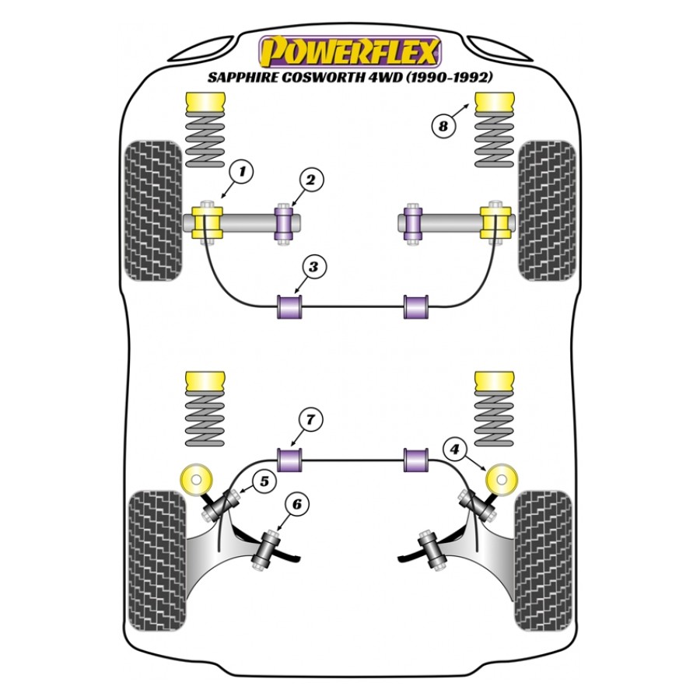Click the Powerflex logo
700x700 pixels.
pos(350,53)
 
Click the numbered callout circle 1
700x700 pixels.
pos(242,171)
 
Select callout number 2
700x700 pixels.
pos(310,180)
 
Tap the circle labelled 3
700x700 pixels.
pos(313,267)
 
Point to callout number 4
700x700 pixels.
pos(454,448)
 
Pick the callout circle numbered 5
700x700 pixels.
pos(264,482)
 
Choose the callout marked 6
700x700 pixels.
pos(297,504)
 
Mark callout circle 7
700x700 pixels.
pos(310,420)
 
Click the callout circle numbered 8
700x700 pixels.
pos(443,126)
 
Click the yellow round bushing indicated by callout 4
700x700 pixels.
pos(502,479)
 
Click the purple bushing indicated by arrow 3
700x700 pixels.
pos(290,306)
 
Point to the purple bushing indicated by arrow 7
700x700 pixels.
pos(290,460)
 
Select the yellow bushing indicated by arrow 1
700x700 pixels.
pos(207,222)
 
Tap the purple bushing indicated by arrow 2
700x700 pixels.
pos(283,222)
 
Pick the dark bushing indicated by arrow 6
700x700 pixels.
pos(266,548)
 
